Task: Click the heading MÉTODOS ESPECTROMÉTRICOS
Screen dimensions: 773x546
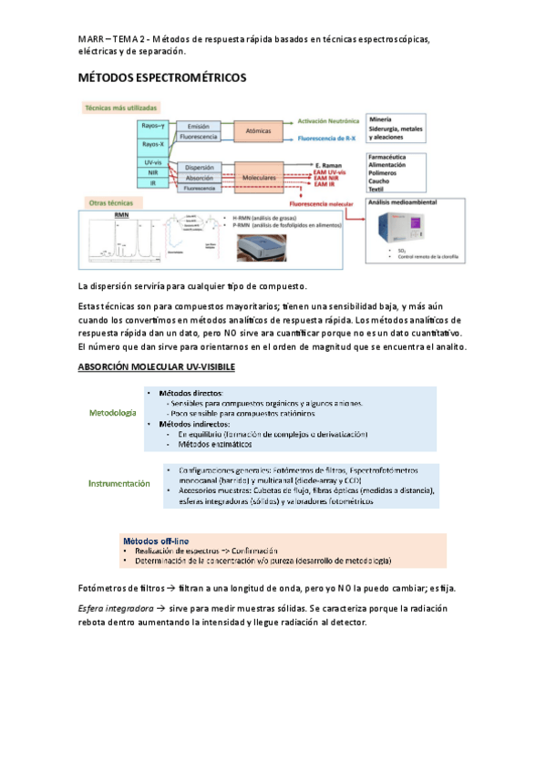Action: click(162, 79)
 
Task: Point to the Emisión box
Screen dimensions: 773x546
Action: click(199, 126)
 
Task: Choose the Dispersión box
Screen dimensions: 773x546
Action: click(199, 168)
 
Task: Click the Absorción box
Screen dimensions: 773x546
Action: click(199, 178)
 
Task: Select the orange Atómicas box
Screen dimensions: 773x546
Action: click(259, 130)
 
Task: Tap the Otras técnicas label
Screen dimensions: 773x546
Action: click(110, 201)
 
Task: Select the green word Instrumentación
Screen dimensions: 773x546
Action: click(118, 483)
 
